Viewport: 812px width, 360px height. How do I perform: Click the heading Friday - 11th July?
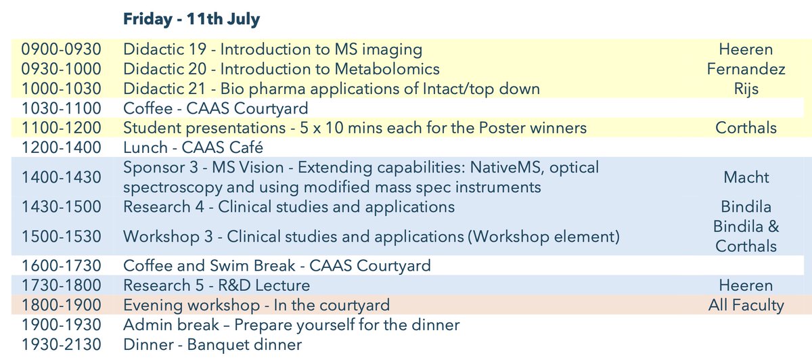coord(191,20)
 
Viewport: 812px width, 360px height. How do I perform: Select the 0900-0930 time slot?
coord(61,49)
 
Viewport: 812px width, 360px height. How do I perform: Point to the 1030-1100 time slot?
coord(61,108)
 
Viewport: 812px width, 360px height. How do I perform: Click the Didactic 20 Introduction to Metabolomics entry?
coord(281,69)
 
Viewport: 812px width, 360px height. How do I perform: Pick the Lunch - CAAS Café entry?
coord(193,148)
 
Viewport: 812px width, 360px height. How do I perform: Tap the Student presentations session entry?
coord(355,128)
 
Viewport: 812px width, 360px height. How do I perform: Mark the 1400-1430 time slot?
coord(61,177)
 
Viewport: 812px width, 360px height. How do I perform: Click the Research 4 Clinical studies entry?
coord(289,206)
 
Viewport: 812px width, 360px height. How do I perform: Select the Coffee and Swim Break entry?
coord(277,266)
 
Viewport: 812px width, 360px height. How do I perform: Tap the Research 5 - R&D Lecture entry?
coord(217,286)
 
